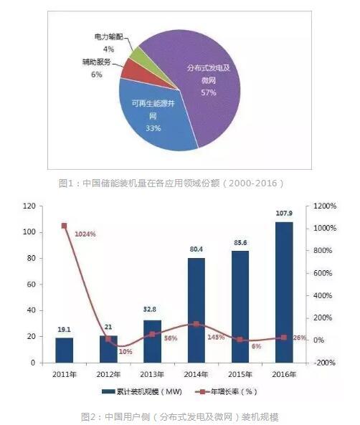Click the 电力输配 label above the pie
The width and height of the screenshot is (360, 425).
(108, 35)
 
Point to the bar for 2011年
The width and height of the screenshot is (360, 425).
(65, 350)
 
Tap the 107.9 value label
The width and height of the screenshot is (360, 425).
(283, 214)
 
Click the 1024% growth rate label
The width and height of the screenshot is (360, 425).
(85, 234)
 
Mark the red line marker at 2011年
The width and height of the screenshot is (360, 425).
(65, 226)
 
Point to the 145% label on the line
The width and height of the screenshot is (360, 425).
(216, 336)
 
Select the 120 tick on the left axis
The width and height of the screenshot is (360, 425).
(29, 206)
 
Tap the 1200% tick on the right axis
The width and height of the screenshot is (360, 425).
(322, 206)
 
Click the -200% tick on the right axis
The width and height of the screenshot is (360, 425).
(322, 363)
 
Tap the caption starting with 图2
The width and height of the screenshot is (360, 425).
(179, 416)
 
